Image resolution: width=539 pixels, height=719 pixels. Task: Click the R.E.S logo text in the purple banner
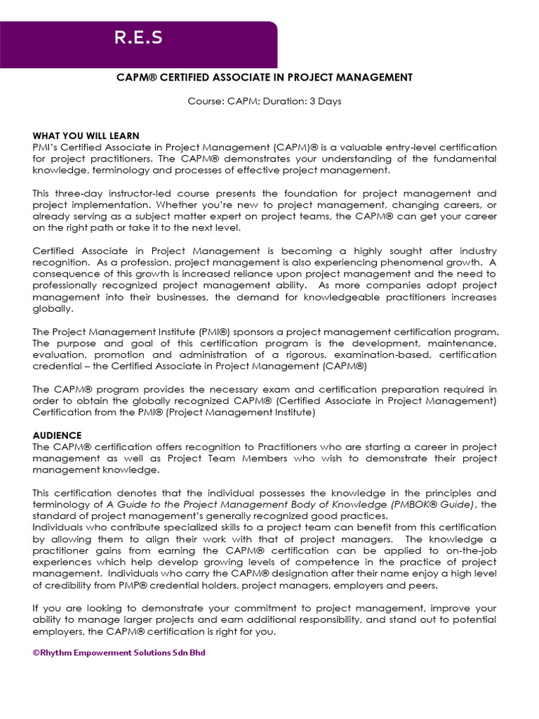(x=139, y=39)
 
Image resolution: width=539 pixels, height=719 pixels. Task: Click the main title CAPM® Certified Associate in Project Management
(x=264, y=77)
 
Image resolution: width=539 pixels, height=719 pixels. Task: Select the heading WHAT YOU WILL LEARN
(x=86, y=136)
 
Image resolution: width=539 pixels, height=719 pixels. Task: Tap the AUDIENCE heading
(x=58, y=435)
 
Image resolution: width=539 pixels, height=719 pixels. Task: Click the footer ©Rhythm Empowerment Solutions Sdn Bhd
(x=119, y=652)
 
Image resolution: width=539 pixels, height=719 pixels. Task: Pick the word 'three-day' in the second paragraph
(x=77, y=193)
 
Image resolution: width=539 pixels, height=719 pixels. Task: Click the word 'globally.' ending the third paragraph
(x=52, y=308)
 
